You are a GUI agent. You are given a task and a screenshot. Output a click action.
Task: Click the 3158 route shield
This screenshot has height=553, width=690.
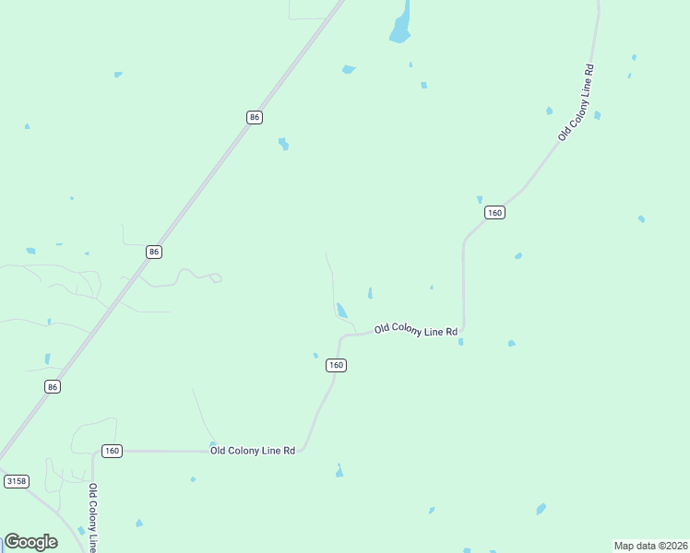[16, 481]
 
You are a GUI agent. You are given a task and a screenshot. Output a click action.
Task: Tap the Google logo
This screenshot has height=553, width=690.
[30, 542]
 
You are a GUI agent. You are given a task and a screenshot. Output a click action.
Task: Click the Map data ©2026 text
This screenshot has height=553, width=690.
[650, 546]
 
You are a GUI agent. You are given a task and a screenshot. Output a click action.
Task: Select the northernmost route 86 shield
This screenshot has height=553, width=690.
[255, 117]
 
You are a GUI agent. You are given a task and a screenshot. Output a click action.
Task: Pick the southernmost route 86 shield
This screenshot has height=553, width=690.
[53, 387]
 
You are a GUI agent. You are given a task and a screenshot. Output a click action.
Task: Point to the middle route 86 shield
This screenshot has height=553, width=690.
[154, 252]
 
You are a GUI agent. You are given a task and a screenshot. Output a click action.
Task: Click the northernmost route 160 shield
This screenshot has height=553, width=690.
[494, 213]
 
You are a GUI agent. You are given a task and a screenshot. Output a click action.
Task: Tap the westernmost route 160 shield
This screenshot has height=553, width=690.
[112, 451]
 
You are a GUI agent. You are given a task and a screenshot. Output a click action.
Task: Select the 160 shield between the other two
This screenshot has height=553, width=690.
[336, 366]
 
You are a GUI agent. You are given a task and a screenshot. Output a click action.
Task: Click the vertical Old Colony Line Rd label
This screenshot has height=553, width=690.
[93, 517]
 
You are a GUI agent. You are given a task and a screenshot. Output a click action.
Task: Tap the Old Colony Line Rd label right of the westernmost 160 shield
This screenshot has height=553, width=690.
[253, 451]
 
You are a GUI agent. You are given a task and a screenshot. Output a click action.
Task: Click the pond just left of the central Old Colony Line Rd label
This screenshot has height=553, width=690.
[342, 311]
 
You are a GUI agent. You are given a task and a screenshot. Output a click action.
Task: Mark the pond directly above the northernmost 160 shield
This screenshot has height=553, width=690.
[480, 199]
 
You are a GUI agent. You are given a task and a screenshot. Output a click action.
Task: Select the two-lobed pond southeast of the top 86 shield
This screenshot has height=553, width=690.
[284, 144]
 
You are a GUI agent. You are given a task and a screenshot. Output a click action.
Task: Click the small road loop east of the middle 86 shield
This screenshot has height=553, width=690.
[216, 277]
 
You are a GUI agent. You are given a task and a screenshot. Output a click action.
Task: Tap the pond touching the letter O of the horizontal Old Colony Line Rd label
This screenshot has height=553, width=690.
[213, 444]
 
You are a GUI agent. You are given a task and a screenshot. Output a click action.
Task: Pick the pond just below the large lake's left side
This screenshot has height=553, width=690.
[348, 69]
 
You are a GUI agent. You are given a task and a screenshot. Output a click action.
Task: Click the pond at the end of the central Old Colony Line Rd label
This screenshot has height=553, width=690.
[460, 342]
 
